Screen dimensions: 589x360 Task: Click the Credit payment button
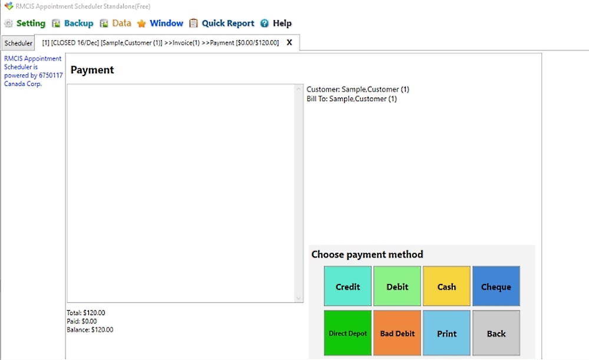[348, 286]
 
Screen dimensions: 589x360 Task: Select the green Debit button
[397, 286]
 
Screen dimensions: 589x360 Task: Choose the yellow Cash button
[446, 286]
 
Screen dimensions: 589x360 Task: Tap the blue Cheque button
[496, 286]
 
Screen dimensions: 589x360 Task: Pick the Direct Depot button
[348, 333]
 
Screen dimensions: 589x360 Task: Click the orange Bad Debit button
[397, 333]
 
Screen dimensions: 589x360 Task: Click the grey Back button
[496, 333]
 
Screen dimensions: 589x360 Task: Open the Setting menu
[25, 24]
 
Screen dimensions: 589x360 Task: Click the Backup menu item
[73, 24]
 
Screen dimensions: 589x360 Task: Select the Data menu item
[115, 24]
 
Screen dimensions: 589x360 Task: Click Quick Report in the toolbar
[222, 24]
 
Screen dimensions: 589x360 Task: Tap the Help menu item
[276, 24]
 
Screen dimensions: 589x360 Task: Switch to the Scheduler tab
[18, 43]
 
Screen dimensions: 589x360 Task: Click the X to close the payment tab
[289, 42]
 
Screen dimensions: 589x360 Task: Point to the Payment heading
[92, 70]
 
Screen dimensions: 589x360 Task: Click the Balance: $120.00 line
[90, 329]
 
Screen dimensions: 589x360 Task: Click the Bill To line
[352, 99]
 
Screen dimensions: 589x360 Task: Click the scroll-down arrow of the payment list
[299, 298]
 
